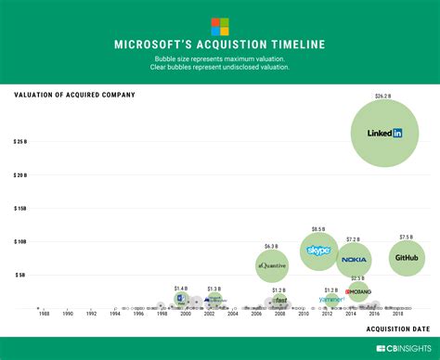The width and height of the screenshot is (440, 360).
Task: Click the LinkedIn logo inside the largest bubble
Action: click(384, 134)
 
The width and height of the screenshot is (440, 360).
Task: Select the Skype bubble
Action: click(318, 251)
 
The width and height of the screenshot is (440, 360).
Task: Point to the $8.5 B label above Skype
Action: click(318, 228)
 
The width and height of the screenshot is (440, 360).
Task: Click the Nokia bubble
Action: click(354, 259)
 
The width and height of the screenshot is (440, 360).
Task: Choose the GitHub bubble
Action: click(407, 258)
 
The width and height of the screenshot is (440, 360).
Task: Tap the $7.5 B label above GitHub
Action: click(407, 237)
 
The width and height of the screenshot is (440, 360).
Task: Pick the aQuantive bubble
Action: click(272, 266)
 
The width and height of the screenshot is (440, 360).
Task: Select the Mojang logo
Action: click(358, 291)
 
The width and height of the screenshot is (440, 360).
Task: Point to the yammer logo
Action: click(331, 300)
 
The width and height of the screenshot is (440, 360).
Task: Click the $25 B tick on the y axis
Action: click(20, 142)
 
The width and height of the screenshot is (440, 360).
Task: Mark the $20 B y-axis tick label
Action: click(20, 175)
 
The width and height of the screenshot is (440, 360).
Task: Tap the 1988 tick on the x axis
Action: click(45, 314)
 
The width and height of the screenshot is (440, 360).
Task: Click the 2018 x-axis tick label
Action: click(398, 314)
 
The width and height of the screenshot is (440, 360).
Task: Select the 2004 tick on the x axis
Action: click(233, 314)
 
